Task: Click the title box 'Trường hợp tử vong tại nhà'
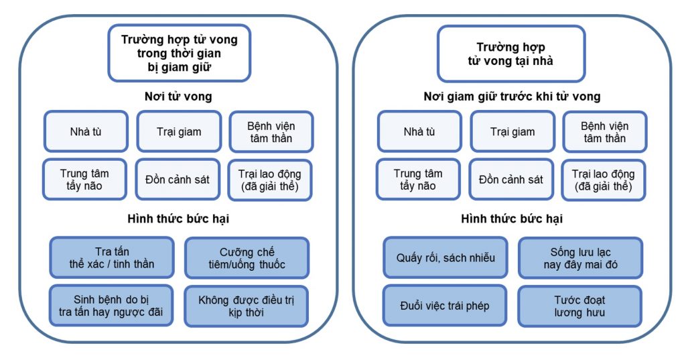click(510, 54)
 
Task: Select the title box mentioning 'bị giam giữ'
click(179, 53)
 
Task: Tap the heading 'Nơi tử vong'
click(178, 97)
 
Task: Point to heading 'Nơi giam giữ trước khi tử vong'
click(512, 97)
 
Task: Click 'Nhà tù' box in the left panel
click(86, 131)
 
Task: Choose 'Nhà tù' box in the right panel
click(419, 131)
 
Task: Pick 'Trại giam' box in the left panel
click(179, 131)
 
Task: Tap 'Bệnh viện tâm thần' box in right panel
click(604, 131)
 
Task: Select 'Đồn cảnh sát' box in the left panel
click(178, 180)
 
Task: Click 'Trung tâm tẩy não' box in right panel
click(418, 180)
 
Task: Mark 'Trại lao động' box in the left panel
click(270, 180)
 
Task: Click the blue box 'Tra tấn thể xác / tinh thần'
click(112, 257)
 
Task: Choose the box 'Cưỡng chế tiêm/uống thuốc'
click(246, 258)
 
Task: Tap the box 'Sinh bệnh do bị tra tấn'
click(112, 306)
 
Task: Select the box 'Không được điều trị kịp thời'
click(246, 306)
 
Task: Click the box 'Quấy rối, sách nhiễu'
click(445, 257)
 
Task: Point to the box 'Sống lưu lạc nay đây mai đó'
click(580, 258)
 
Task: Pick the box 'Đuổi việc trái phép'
click(444, 306)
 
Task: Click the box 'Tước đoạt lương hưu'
click(579, 306)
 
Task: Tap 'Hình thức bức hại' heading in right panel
click(512, 219)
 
